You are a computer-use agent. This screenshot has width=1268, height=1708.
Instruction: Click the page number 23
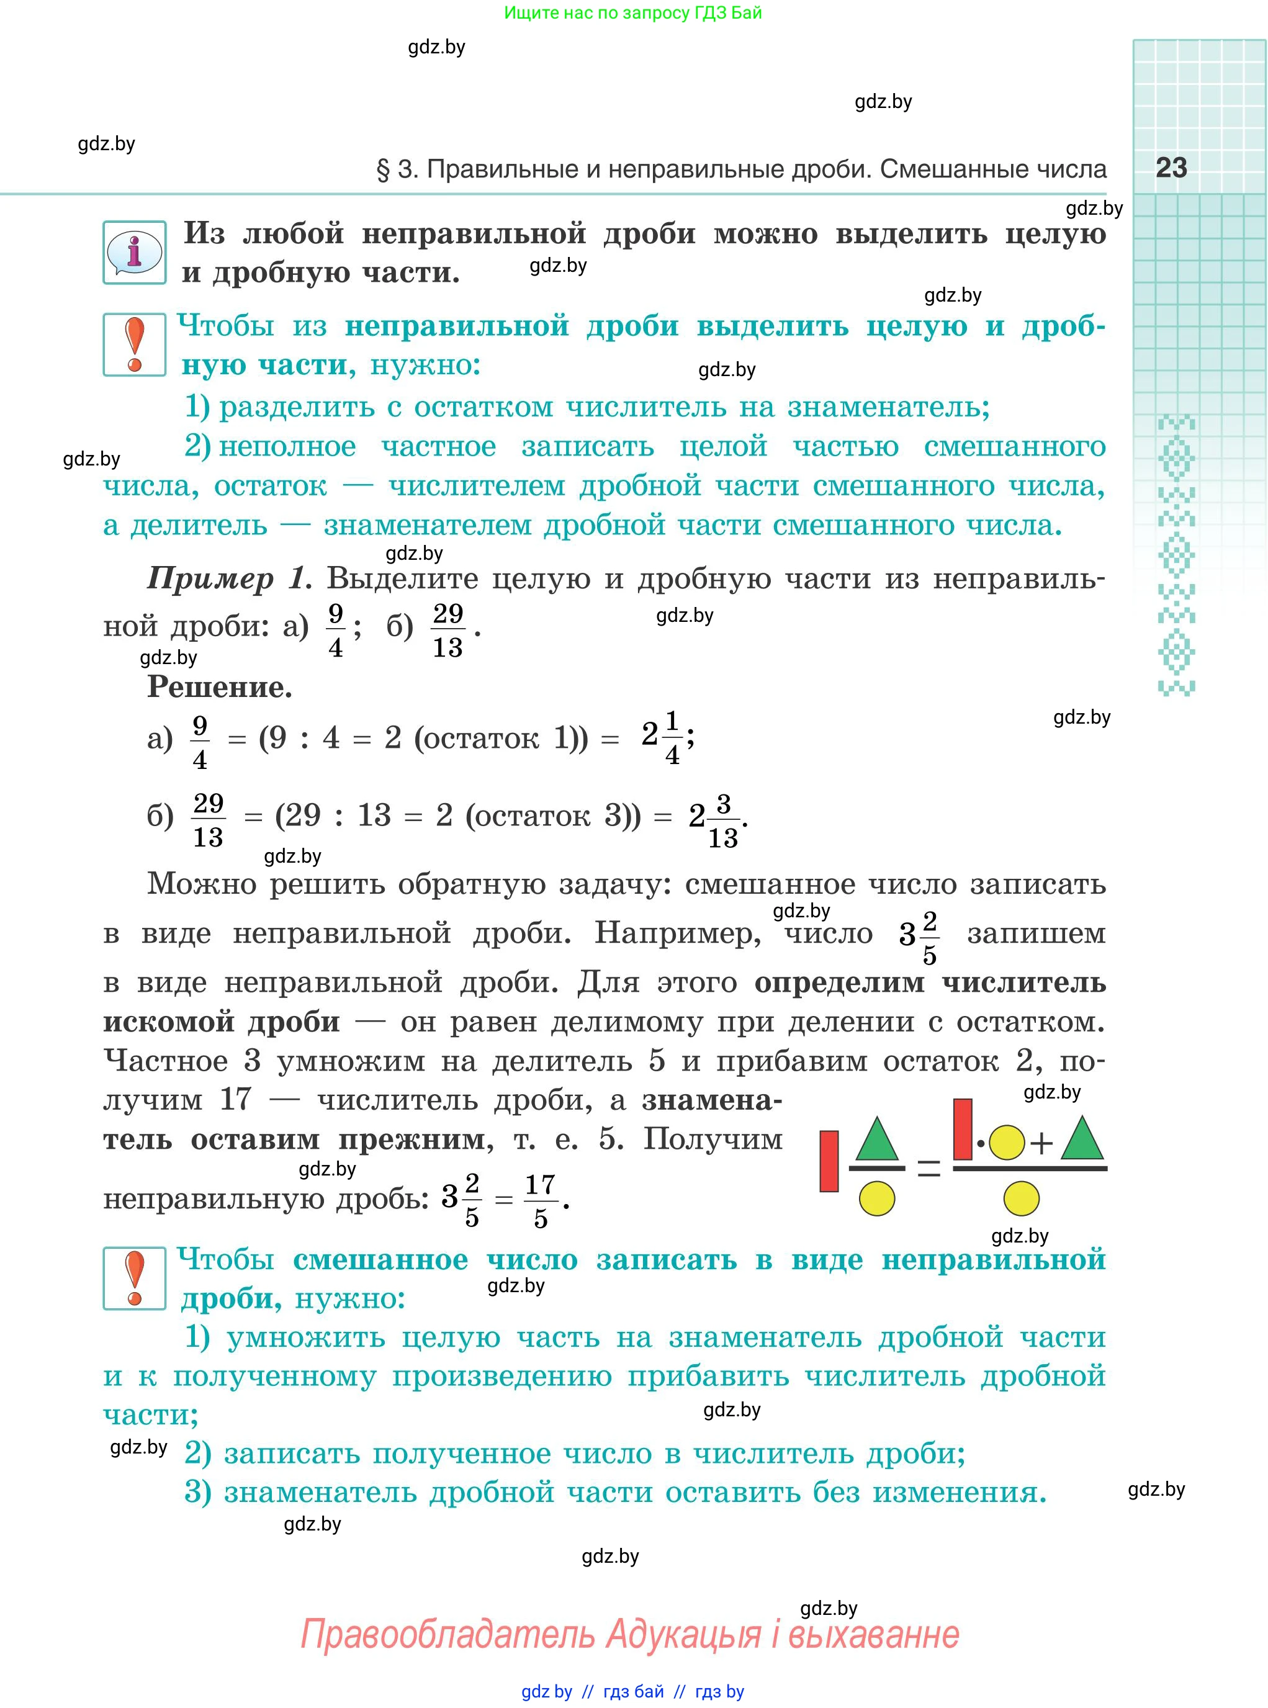[x=1171, y=168]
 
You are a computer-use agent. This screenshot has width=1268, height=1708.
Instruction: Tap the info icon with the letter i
[x=135, y=253]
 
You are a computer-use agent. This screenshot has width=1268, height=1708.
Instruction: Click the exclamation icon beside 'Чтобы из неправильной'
[x=135, y=344]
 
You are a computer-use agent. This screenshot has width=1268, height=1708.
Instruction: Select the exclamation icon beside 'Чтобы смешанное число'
[x=135, y=1278]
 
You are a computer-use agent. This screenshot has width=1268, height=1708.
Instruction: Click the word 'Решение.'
[x=220, y=687]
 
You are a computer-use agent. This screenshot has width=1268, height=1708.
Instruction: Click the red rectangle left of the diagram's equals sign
[x=829, y=1161]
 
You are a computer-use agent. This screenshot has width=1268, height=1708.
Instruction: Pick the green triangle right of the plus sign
[x=1082, y=1138]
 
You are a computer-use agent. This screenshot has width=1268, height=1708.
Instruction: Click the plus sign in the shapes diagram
[x=1041, y=1144]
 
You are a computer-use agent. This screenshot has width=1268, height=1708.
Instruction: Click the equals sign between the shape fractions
[x=929, y=1170]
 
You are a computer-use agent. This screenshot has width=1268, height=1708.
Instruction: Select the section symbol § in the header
[x=382, y=169]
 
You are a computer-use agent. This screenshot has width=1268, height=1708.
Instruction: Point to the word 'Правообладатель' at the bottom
[x=447, y=1634]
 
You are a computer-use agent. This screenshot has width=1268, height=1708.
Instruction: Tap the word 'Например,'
[x=677, y=933]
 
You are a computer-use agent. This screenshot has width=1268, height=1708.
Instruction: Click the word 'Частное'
[x=166, y=1061]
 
